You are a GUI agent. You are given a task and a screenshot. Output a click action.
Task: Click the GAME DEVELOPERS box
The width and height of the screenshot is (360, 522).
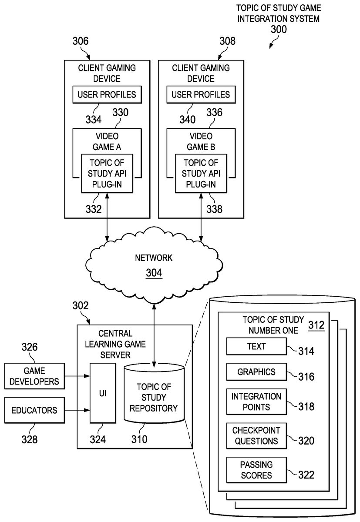click(x=34, y=377)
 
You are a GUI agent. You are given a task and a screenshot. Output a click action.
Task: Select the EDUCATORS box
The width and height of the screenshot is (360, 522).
click(x=34, y=410)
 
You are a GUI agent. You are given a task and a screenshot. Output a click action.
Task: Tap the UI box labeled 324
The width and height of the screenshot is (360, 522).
click(x=103, y=393)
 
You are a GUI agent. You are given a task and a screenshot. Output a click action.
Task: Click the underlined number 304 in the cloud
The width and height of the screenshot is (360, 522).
click(x=154, y=273)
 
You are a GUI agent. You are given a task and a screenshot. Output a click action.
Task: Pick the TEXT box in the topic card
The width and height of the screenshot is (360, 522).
click(x=256, y=347)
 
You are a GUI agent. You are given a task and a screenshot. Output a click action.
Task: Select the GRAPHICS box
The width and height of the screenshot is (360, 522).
click(x=256, y=372)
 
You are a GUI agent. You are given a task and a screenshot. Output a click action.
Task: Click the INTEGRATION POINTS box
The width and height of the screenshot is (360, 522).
click(x=256, y=402)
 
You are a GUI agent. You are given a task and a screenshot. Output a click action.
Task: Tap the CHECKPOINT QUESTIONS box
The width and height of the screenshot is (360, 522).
click(x=256, y=435)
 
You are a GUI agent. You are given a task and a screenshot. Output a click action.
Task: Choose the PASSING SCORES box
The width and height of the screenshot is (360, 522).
click(x=256, y=469)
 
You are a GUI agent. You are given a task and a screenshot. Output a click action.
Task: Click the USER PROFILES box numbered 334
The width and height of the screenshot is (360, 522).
click(x=107, y=94)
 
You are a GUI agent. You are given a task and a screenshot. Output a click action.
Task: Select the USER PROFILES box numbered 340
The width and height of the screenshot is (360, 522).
click(x=201, y=94)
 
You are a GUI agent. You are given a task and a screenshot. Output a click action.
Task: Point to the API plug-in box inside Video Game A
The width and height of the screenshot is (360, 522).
click(x=107, y=173)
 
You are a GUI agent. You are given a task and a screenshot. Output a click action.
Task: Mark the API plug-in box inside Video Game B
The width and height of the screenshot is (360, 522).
click(x=201, y=173)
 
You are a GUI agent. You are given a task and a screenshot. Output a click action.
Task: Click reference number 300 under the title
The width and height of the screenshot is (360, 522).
click(x=279, y=30)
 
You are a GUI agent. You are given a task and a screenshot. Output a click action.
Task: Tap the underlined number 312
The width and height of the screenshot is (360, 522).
click(x=316, y=325)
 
